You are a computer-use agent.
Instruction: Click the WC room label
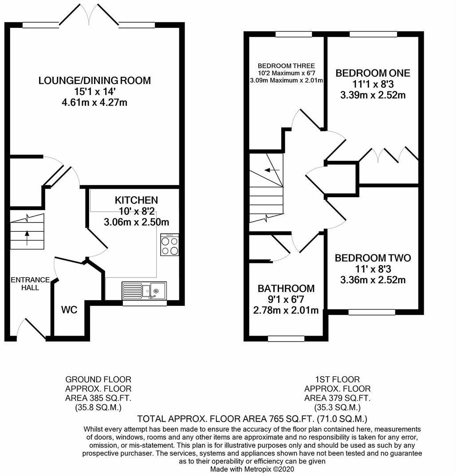69,309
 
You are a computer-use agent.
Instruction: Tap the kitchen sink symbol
144,290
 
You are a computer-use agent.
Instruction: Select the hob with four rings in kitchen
169,245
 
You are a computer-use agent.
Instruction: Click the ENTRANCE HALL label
30,283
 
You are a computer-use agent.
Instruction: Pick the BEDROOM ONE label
373,73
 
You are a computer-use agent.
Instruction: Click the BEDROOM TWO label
373,258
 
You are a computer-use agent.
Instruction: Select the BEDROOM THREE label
287,66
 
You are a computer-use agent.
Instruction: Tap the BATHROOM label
286,289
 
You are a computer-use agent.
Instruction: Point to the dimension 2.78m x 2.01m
286,310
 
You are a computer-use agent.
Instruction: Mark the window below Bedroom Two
372,312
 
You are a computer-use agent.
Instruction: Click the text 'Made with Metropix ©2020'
252,469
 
